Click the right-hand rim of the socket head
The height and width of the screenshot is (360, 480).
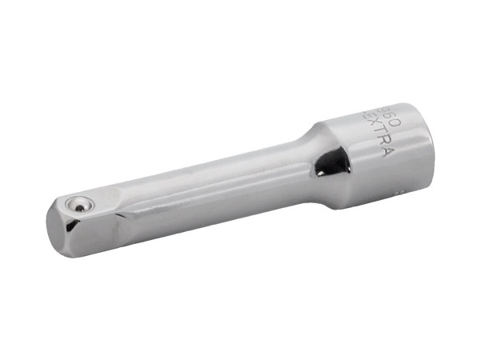point(418,148)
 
